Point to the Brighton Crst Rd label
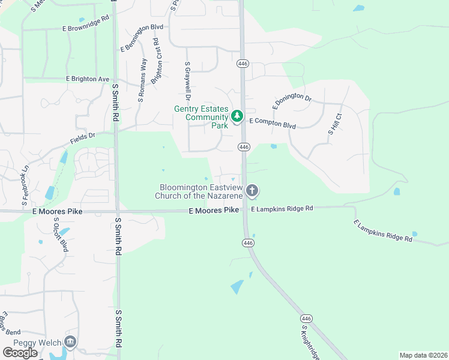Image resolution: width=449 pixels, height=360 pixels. coord(157,61)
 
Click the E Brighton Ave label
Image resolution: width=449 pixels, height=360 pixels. coord(88,79)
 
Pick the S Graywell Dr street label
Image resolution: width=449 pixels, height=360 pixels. coord(188,80)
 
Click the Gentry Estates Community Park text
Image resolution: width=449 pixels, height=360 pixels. coord(201,117)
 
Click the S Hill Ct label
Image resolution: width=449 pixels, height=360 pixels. coord(334,124)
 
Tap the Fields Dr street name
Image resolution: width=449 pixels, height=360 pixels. coord(83,138)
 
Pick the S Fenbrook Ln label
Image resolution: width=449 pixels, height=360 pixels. coord(25,184)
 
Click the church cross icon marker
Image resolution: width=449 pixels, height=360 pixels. coord(252,191)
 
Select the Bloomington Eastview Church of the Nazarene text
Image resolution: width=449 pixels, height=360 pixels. coord(199,191)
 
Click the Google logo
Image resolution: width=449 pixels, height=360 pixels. coord(20,353)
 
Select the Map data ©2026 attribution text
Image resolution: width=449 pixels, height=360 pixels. coord(423,355)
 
